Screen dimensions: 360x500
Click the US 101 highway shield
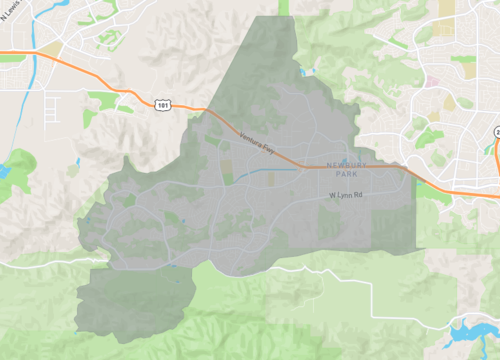pyautogui.click(x=162, y=103)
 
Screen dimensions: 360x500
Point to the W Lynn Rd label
pyautogui.click(x=346, y=196)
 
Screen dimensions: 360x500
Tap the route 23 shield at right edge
pyautogui.click(x=496, y=131)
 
